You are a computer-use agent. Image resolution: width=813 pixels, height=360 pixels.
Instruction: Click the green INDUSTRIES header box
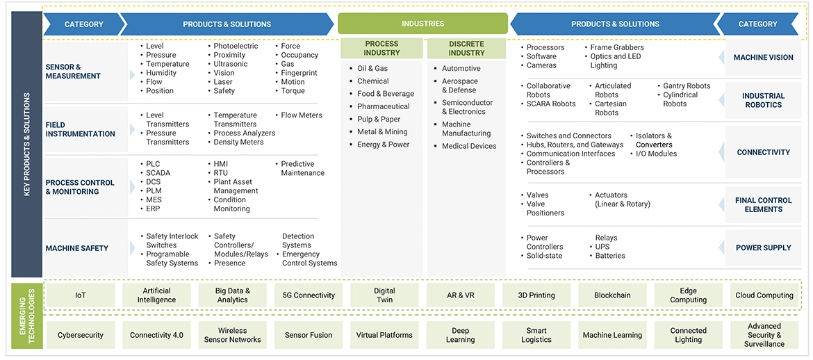tap(422, 24)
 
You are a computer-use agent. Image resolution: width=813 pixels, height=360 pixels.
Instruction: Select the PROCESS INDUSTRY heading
tap(381, 48)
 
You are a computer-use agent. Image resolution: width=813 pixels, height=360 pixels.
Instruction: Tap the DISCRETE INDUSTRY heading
tap(466, 48)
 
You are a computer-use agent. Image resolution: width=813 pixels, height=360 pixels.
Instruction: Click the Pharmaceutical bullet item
tap(383, 106)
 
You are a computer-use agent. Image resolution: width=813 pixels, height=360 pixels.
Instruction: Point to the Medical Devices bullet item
tap(469, 146)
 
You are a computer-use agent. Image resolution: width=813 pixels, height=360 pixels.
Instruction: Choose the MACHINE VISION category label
tap(763, 58)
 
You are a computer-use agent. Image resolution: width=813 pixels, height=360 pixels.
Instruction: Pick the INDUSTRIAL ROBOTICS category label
tap(763, 101)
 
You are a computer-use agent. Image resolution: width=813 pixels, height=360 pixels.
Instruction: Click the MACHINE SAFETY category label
tap(77, 248)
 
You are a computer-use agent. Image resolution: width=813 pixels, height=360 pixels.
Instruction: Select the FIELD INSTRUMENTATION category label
tap(80, 129)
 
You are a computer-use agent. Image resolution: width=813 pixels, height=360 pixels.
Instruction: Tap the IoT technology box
tap(81, 295)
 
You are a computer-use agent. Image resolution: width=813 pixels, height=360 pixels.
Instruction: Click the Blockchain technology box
tap(612, 295)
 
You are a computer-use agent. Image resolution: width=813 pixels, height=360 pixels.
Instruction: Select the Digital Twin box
tap(384, 295)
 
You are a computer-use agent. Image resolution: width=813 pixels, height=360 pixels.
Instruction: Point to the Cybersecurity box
tap(81, 335)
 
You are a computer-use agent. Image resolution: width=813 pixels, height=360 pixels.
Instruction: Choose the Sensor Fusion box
tap(309, 335)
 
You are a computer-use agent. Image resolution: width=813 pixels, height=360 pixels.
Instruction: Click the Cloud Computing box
tap(764, 295)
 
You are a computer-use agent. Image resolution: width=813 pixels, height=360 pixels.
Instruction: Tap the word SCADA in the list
tap(158, 173)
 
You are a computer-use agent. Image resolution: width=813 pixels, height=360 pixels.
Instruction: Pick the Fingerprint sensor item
tap(299, 73)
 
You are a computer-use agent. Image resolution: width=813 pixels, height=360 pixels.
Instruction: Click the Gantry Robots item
tap(687, 86)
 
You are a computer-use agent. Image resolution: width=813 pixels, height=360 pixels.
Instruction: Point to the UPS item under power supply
tap(602, 247)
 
